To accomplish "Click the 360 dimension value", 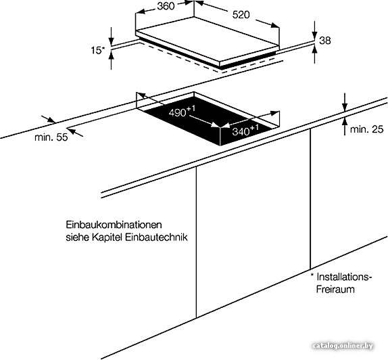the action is (x=166, y=6).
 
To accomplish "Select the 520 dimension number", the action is (x=241, y=15).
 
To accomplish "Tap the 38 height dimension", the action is (x=325, y=40).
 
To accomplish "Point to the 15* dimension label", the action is (x=98, y=50).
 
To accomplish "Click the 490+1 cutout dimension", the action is (x=182, y=111).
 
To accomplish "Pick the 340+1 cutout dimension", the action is (x=245, y=130).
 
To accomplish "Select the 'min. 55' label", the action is (x=51, y=137).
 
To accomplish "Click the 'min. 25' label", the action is (x=367, y=129).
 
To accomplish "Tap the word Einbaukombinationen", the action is (x=114, y=225).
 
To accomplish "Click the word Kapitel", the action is (x=107, y=238).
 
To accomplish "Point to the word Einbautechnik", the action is (x=156, y=238).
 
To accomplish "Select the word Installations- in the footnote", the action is (x=344, y=277).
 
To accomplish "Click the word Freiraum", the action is (x=335, y=289).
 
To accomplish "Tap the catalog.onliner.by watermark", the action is (x=343, y=346).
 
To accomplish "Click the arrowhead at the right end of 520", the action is (x=275, y=25).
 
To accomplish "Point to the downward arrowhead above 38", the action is (x=314, y=35).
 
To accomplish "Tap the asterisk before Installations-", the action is (x=312, y=275).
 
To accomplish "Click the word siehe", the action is (x=77, y=238).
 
